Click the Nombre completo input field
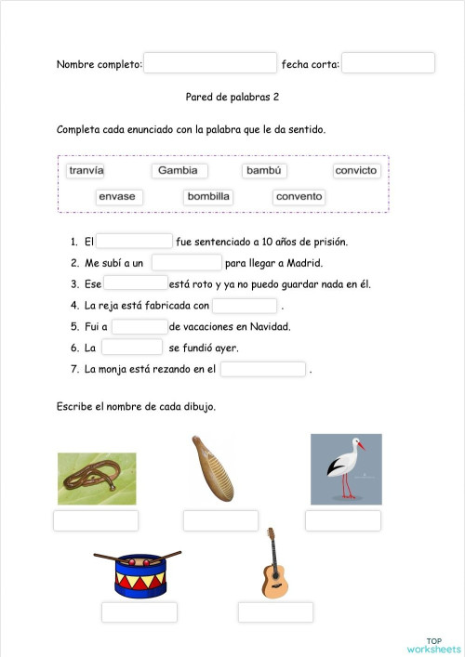click(210, 63)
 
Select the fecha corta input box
click(388, 63)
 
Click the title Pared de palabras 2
click(233, 96)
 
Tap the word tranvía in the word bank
click(86, 171)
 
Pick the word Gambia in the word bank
click(179, 171)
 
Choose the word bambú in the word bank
click(265, 171)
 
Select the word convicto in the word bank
click(356, 171)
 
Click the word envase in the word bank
click(117, 197)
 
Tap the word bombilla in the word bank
click(208, 197)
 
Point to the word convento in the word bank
click(299, 197)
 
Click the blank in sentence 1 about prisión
click(134, 242)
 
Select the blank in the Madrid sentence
click(186, 263)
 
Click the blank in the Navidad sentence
click(139, 326)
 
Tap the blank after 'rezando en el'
click(263, 369)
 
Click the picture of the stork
click(346, 469)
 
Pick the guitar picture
click(272, 563)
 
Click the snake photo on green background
click(97, 479)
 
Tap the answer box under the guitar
click(275, 612)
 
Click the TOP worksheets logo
click(433, 644)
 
